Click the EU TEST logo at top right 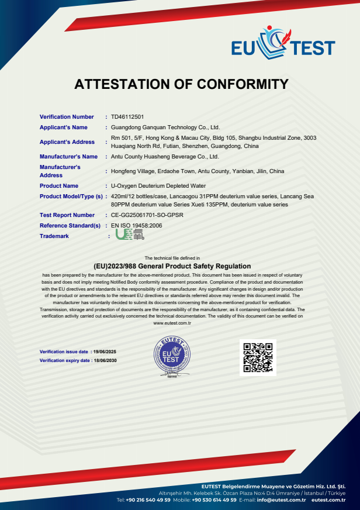coord(283,44)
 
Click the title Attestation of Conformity coord(181,84)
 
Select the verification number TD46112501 coord(127,117)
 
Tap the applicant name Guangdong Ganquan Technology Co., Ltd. coord(165,127)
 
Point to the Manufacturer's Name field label coord(68,157)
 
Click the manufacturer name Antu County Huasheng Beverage coord(164,157)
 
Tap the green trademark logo coord(129,235)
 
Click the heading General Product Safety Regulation coord(180,266)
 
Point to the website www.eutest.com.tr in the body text coord(172,323)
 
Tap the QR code coord(258,357)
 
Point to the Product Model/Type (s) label coord(71,197)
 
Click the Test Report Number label coord(67,215)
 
